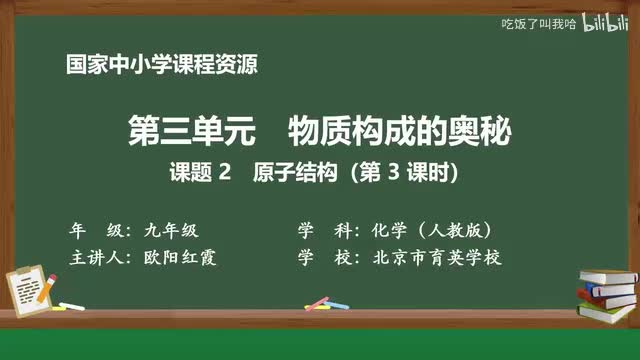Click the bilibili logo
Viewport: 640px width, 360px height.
pos(601,22)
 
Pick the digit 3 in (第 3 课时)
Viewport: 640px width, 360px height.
pos(394,172)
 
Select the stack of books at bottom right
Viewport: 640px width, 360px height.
pos(607,293)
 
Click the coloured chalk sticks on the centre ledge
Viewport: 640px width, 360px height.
pos(318,302)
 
